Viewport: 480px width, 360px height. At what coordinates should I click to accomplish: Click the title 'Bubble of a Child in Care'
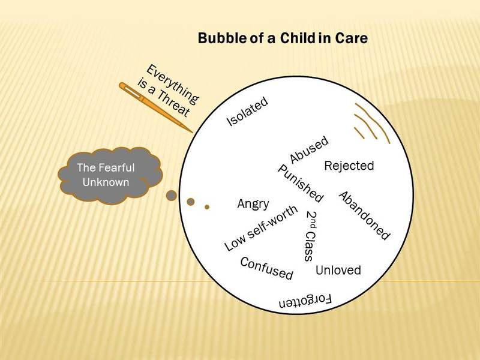coord(283,38)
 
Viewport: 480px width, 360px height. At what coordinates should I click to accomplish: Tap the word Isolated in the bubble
coord(247,112)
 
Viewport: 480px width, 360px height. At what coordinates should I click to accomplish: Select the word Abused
coord(309,149)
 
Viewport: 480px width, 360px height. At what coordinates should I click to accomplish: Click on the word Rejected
coord(349,166)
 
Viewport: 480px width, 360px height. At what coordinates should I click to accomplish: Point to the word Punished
coord(301,184)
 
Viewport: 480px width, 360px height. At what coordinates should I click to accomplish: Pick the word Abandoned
coord(364,215)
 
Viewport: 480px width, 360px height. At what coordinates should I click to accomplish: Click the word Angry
coord(253,204)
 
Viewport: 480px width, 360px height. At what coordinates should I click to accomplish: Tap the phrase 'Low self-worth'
coord(261,227)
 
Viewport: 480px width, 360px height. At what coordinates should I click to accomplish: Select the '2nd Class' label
coord(311,236)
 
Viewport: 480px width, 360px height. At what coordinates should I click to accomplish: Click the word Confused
coord(266,268)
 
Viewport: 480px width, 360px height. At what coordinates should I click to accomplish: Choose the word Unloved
coord(338,271)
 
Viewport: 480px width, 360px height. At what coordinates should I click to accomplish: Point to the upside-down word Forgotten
coord(305,301)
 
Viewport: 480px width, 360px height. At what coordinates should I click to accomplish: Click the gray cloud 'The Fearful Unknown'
coord(110,175)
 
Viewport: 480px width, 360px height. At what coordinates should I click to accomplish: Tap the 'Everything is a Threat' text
coord(168,91)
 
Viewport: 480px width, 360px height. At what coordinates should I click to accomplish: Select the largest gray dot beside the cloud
coord(172,196)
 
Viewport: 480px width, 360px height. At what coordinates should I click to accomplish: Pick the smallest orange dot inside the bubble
coord(207,207)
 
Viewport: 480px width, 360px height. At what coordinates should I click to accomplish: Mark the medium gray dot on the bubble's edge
coord(191,202)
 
